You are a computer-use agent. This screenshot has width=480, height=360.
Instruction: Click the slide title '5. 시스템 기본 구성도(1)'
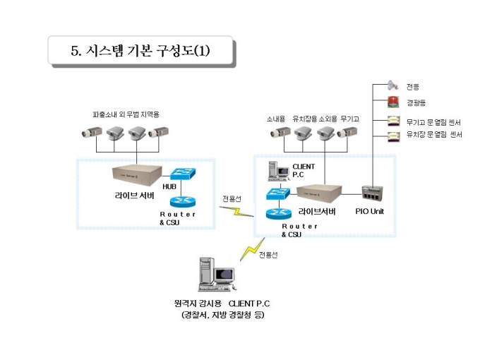[x=140, y=50]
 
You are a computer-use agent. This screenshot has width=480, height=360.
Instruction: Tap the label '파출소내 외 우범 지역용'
[x=126, y=114]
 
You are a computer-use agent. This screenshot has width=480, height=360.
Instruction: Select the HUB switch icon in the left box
[x=186, y=174]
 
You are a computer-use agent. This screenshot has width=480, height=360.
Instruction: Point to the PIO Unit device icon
[x=370, y=193]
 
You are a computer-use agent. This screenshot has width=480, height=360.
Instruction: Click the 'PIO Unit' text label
[x=369, y=210]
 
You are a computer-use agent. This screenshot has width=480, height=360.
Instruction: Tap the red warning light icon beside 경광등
[x=394, y=103]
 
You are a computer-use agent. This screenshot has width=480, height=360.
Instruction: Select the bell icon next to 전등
[x=394, y=87]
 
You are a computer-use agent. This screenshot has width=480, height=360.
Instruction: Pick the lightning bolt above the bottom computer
[x=251, y=250]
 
